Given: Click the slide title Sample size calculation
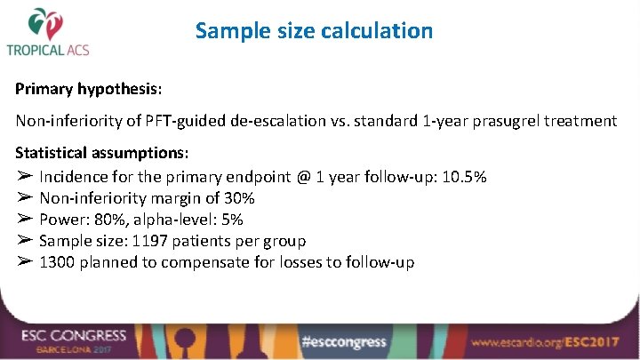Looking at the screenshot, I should coord(314,31).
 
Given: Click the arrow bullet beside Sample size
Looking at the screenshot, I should coord(24,241).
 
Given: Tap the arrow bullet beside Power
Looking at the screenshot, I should coord(24,220).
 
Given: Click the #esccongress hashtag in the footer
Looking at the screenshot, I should coord(343,340).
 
